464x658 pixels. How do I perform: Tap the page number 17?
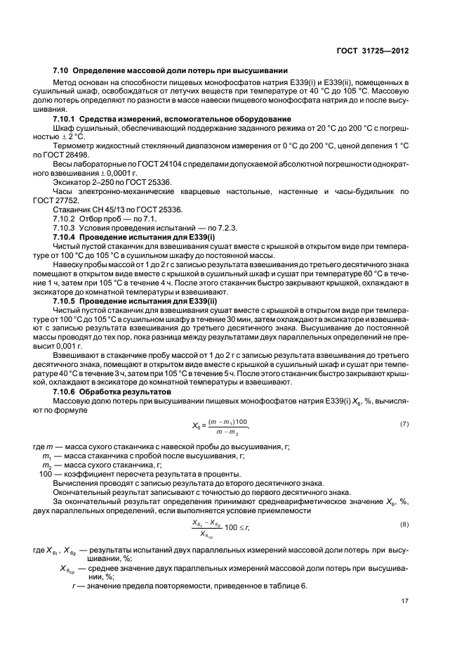point(405,600)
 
